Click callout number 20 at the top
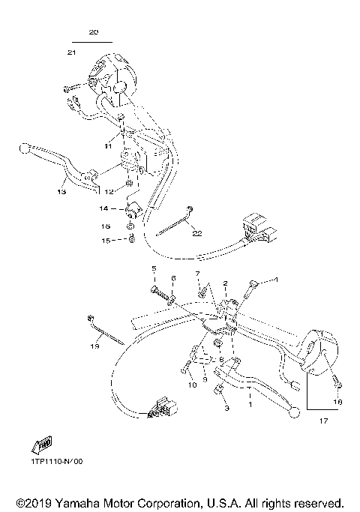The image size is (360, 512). point(93,33)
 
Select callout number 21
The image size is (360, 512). point(71,52)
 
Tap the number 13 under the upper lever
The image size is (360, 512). point(61,192)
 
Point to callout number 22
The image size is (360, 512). point(196,233)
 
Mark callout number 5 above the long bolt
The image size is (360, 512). point(154,268)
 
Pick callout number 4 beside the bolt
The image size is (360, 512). point(275,280)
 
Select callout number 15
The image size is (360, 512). point(106,240)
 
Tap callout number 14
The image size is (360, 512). point(104,208)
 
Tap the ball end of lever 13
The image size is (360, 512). point(23,149)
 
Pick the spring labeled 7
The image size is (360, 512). point(201,289)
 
